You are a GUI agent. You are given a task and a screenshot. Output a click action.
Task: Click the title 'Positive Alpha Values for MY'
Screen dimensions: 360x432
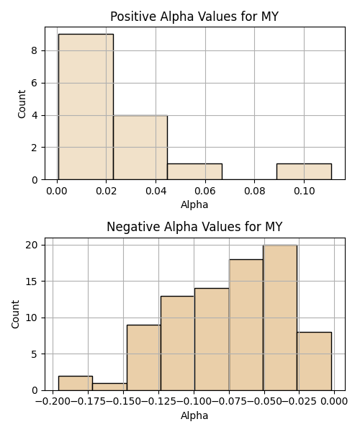pyautogui.click(x=194, y=17)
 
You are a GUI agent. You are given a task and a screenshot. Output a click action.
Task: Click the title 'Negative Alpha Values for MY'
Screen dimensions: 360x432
pyautogui.click(x=194, y=227)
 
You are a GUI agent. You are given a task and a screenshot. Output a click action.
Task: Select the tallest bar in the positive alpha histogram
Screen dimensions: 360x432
pyautogui.click(x=86, y=107)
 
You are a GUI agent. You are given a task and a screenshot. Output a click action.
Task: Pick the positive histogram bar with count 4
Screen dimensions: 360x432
pyautogui.click(x=140, y=148)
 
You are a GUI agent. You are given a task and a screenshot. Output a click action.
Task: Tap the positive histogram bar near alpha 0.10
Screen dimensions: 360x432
pyautogui.click(x=304, y=171)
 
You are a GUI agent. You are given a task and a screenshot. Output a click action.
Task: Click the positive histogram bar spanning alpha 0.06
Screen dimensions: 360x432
pyautogui.click(x=194, y=171)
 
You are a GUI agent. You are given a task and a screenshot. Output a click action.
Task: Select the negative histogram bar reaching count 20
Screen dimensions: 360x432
pyautogui.click(x=280, y=318)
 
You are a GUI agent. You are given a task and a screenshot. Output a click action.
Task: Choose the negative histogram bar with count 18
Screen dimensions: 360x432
pyautogui.click(x=246, y=325)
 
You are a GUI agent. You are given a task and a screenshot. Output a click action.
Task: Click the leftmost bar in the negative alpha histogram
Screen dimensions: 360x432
pyautogui.click(x=76, y=383)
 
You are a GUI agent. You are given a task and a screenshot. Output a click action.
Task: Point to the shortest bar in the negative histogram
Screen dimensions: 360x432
pyautogui.click(x=109, y=387)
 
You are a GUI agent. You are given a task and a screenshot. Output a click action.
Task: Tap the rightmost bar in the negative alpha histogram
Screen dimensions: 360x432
pyautogui.click(x=314, y=361)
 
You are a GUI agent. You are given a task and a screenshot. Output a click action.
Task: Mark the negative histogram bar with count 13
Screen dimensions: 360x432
pyautogui.click(x=178, y=343)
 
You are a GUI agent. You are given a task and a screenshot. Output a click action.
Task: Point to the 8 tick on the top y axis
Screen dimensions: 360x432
pyautogui.click(x=34, y=51)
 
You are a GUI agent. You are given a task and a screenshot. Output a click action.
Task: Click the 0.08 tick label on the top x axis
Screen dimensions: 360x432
pyautogui.click(x=254, y=191)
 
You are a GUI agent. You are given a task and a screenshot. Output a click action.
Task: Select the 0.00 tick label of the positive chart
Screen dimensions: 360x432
pyautogui.click(x=57, y=191)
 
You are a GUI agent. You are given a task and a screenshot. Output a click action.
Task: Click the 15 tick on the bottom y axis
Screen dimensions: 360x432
pyautogui.click(x=32, y=282)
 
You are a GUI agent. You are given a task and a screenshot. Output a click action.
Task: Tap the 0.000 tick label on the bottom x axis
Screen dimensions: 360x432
pyautogui.click(x=334, y=402)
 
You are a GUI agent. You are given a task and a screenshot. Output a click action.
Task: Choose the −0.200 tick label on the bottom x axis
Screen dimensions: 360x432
pyautogui.click(x=53, y=402)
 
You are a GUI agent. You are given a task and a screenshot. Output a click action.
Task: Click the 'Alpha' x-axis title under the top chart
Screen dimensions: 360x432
pyautogui.click(x=194, y=204)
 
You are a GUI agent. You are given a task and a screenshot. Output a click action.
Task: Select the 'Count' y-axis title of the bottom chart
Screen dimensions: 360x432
pyautogui.click(x=16, y=314)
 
